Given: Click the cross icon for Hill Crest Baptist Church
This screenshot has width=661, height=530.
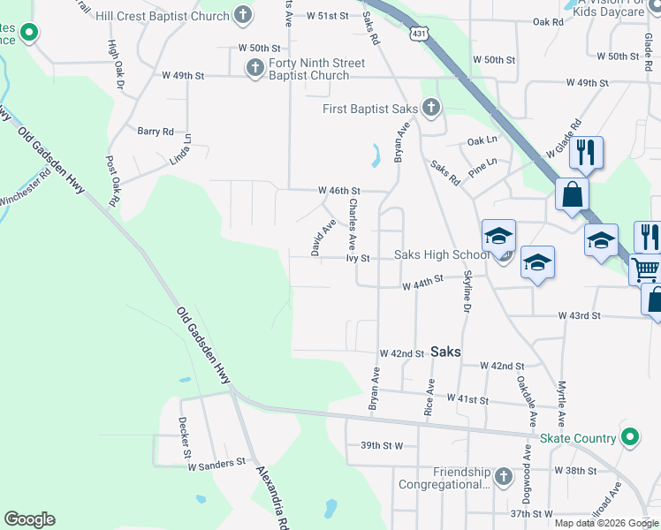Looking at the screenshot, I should pos(243,15).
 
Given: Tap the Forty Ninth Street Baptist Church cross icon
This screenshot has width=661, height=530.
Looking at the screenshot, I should pos(255,67).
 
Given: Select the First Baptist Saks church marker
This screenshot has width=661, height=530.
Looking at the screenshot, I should pos(431,108).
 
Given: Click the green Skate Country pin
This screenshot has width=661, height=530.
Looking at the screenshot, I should pos(629,437).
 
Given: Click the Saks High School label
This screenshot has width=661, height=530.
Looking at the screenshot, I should pos(441,255).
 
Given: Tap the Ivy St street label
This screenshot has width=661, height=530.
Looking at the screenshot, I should pos(357,259).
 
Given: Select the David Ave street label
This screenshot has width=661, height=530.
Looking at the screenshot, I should pos(323,238).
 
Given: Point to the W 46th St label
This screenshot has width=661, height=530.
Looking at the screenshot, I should pos(339,191).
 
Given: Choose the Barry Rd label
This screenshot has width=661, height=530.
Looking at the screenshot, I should pos(156,132).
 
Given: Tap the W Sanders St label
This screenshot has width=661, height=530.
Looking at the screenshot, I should pos(215,462).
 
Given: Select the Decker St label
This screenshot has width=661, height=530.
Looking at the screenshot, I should pos(186,437).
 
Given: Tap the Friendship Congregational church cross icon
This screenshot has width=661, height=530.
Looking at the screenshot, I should pos(503,477).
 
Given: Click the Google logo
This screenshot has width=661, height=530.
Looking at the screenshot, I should pos(30,519).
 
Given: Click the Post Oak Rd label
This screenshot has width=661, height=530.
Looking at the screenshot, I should pos(112,181).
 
